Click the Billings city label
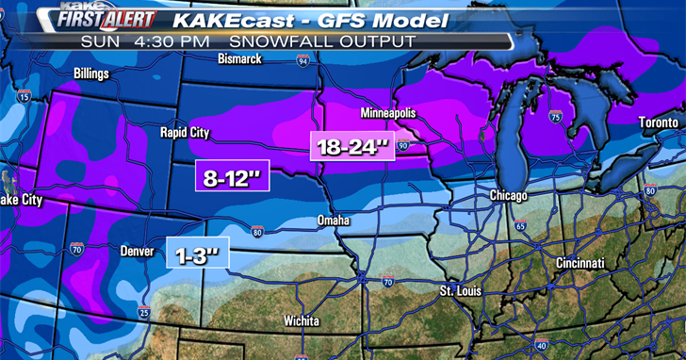click(91, 73)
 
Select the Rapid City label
click(186, 133)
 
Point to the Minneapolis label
click(389, 114)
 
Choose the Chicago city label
click(508, 195)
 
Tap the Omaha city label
click(333, 221)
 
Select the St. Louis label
click(460, 291)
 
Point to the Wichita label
click(303, 320)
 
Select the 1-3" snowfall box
click(198, 253)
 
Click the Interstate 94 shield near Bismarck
click(302, 60)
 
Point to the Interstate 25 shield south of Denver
click(143, 312)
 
